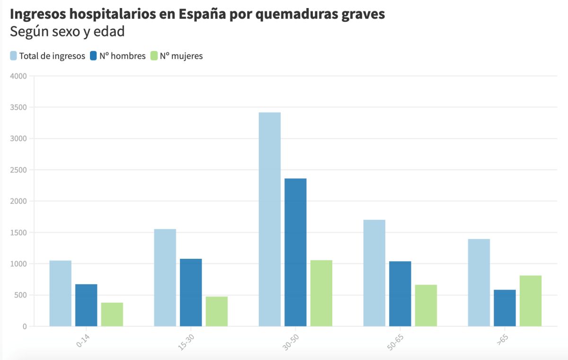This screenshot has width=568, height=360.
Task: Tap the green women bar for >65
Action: click(x=530, y=301)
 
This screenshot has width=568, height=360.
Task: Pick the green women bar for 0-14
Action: click(x=112, y=314)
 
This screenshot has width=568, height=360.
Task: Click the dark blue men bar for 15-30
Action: click(x=191, y=292)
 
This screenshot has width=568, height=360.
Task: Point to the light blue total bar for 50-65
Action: click(x=374, y=273)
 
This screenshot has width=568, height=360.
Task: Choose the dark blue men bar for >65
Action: click(x=505, y=308)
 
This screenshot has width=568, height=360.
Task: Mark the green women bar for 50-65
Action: click(x=426, y=306)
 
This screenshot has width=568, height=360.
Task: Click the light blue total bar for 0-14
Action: click(x=60, y=293)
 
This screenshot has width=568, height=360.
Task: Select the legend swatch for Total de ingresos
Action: click(x=14, y=56)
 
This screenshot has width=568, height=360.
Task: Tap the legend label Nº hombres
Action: click(x=123, y=56)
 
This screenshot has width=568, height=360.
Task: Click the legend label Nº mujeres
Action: click(x=181, y=56)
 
